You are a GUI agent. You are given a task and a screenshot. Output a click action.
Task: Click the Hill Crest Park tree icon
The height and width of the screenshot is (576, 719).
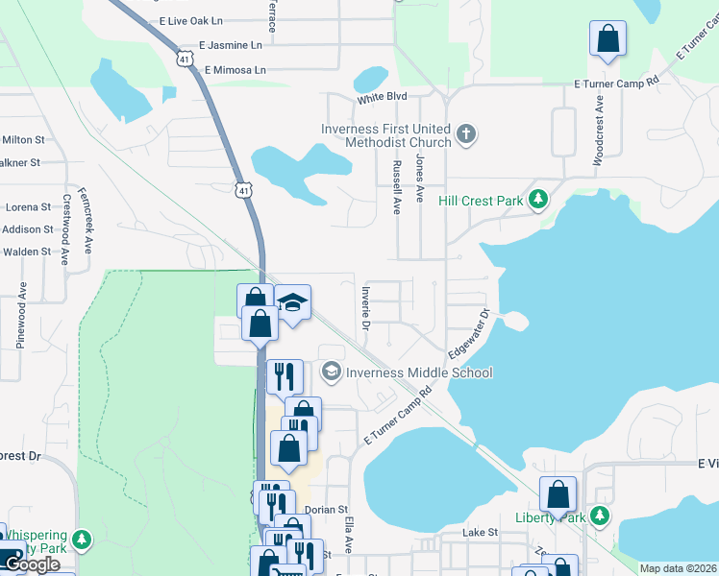click(539, 200)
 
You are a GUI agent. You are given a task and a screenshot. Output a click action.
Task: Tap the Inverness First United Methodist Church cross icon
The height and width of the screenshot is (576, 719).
click(466, 133)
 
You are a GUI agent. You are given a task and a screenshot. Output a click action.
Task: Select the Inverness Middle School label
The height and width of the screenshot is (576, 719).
click(419, 372)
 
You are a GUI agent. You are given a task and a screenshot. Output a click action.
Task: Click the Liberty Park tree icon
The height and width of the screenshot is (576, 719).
click(600, 517)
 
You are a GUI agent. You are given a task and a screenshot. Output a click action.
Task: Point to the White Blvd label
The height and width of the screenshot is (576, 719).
click(383, 98)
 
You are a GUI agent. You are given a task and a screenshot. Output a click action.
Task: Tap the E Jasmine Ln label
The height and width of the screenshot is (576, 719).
click(230, 45)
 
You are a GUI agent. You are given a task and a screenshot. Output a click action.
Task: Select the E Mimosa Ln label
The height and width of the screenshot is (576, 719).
click(235, 70)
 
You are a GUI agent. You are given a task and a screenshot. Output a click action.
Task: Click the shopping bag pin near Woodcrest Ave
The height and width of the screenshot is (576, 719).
click(608, 39)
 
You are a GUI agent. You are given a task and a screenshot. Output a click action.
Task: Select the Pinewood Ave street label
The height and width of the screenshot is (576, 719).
click(20, 316)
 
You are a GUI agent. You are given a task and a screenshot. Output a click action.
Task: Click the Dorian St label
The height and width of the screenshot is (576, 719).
click(326, 511)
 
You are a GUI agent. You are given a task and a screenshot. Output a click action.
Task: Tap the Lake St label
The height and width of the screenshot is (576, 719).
click(479, 532)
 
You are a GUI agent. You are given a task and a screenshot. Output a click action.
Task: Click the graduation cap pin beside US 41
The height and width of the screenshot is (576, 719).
click(292, 302)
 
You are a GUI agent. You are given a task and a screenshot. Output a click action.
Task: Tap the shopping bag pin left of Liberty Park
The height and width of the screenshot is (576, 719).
click(558, 495)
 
